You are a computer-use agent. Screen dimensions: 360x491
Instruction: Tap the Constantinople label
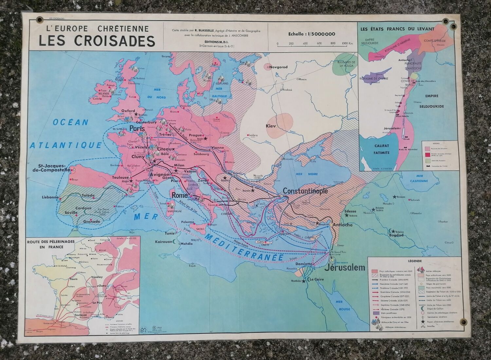305,191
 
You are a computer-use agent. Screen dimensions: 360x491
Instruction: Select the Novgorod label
278,67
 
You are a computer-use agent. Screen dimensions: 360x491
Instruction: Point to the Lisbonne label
50,198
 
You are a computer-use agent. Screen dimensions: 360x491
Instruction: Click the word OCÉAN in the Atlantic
71,123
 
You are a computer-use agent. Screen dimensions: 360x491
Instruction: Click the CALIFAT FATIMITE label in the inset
374,149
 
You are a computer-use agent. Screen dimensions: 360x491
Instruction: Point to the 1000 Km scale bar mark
347,43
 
